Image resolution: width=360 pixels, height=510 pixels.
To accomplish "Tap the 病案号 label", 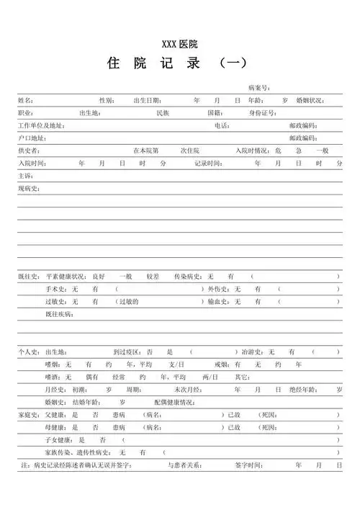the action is tap(258, 87).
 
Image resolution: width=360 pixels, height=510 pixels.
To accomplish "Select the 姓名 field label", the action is tap(25, 100).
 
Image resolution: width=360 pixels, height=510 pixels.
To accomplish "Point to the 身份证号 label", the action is tap(263, 113).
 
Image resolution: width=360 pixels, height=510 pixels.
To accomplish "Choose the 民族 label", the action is tap(162, 113).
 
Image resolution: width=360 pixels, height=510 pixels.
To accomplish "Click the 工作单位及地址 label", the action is tap(40, 125).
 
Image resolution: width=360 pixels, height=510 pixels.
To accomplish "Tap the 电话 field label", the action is tap(221, 125).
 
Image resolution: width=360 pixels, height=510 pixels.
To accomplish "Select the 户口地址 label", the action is tap(32, 138).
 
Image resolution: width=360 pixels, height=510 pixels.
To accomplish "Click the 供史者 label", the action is tap(29, 151).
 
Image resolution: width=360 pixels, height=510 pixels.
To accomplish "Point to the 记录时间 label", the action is tap(208, 164).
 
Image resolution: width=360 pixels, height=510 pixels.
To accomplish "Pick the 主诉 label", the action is tap(25, 176).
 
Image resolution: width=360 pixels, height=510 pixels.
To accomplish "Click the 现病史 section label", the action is tap(29, 189).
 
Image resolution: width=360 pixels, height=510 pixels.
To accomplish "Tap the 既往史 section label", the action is tap(29, 276).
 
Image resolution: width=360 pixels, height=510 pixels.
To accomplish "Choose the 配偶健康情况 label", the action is tap(174, 402).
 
